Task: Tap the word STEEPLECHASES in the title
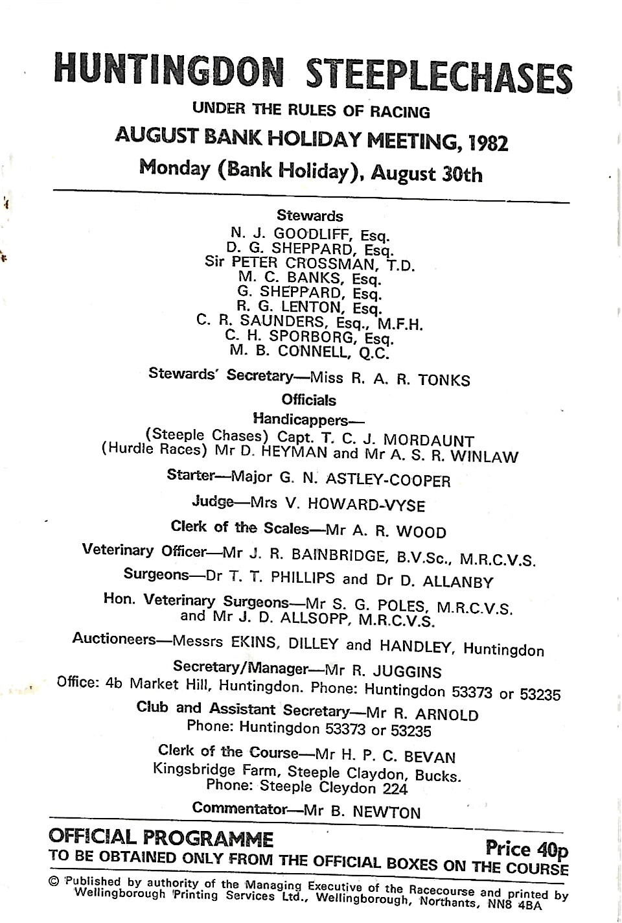click(439, 76)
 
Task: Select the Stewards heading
click(310, 215)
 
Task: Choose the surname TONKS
click(444, 380)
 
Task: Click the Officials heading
click(309, 400)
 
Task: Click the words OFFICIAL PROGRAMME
click(161, 839)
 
